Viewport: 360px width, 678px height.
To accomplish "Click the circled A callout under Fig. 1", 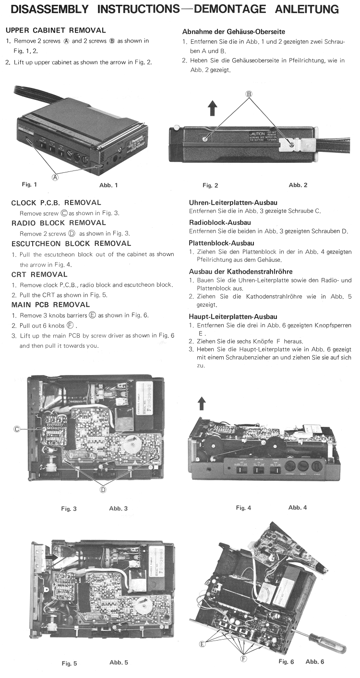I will (x=55, y=177).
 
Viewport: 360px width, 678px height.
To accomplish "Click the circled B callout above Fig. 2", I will (x=249, y=94).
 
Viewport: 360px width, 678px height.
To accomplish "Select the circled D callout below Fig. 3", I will (x=102, y=489).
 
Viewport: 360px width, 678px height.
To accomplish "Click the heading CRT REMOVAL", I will (x=39, y=275).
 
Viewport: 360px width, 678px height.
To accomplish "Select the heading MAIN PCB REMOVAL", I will (x=50, y=305).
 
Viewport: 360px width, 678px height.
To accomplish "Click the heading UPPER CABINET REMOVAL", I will (x=56, y=30).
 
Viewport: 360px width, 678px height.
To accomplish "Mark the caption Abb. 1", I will (x=108, y=185).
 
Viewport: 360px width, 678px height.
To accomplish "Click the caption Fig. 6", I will (x=286, y=662).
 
